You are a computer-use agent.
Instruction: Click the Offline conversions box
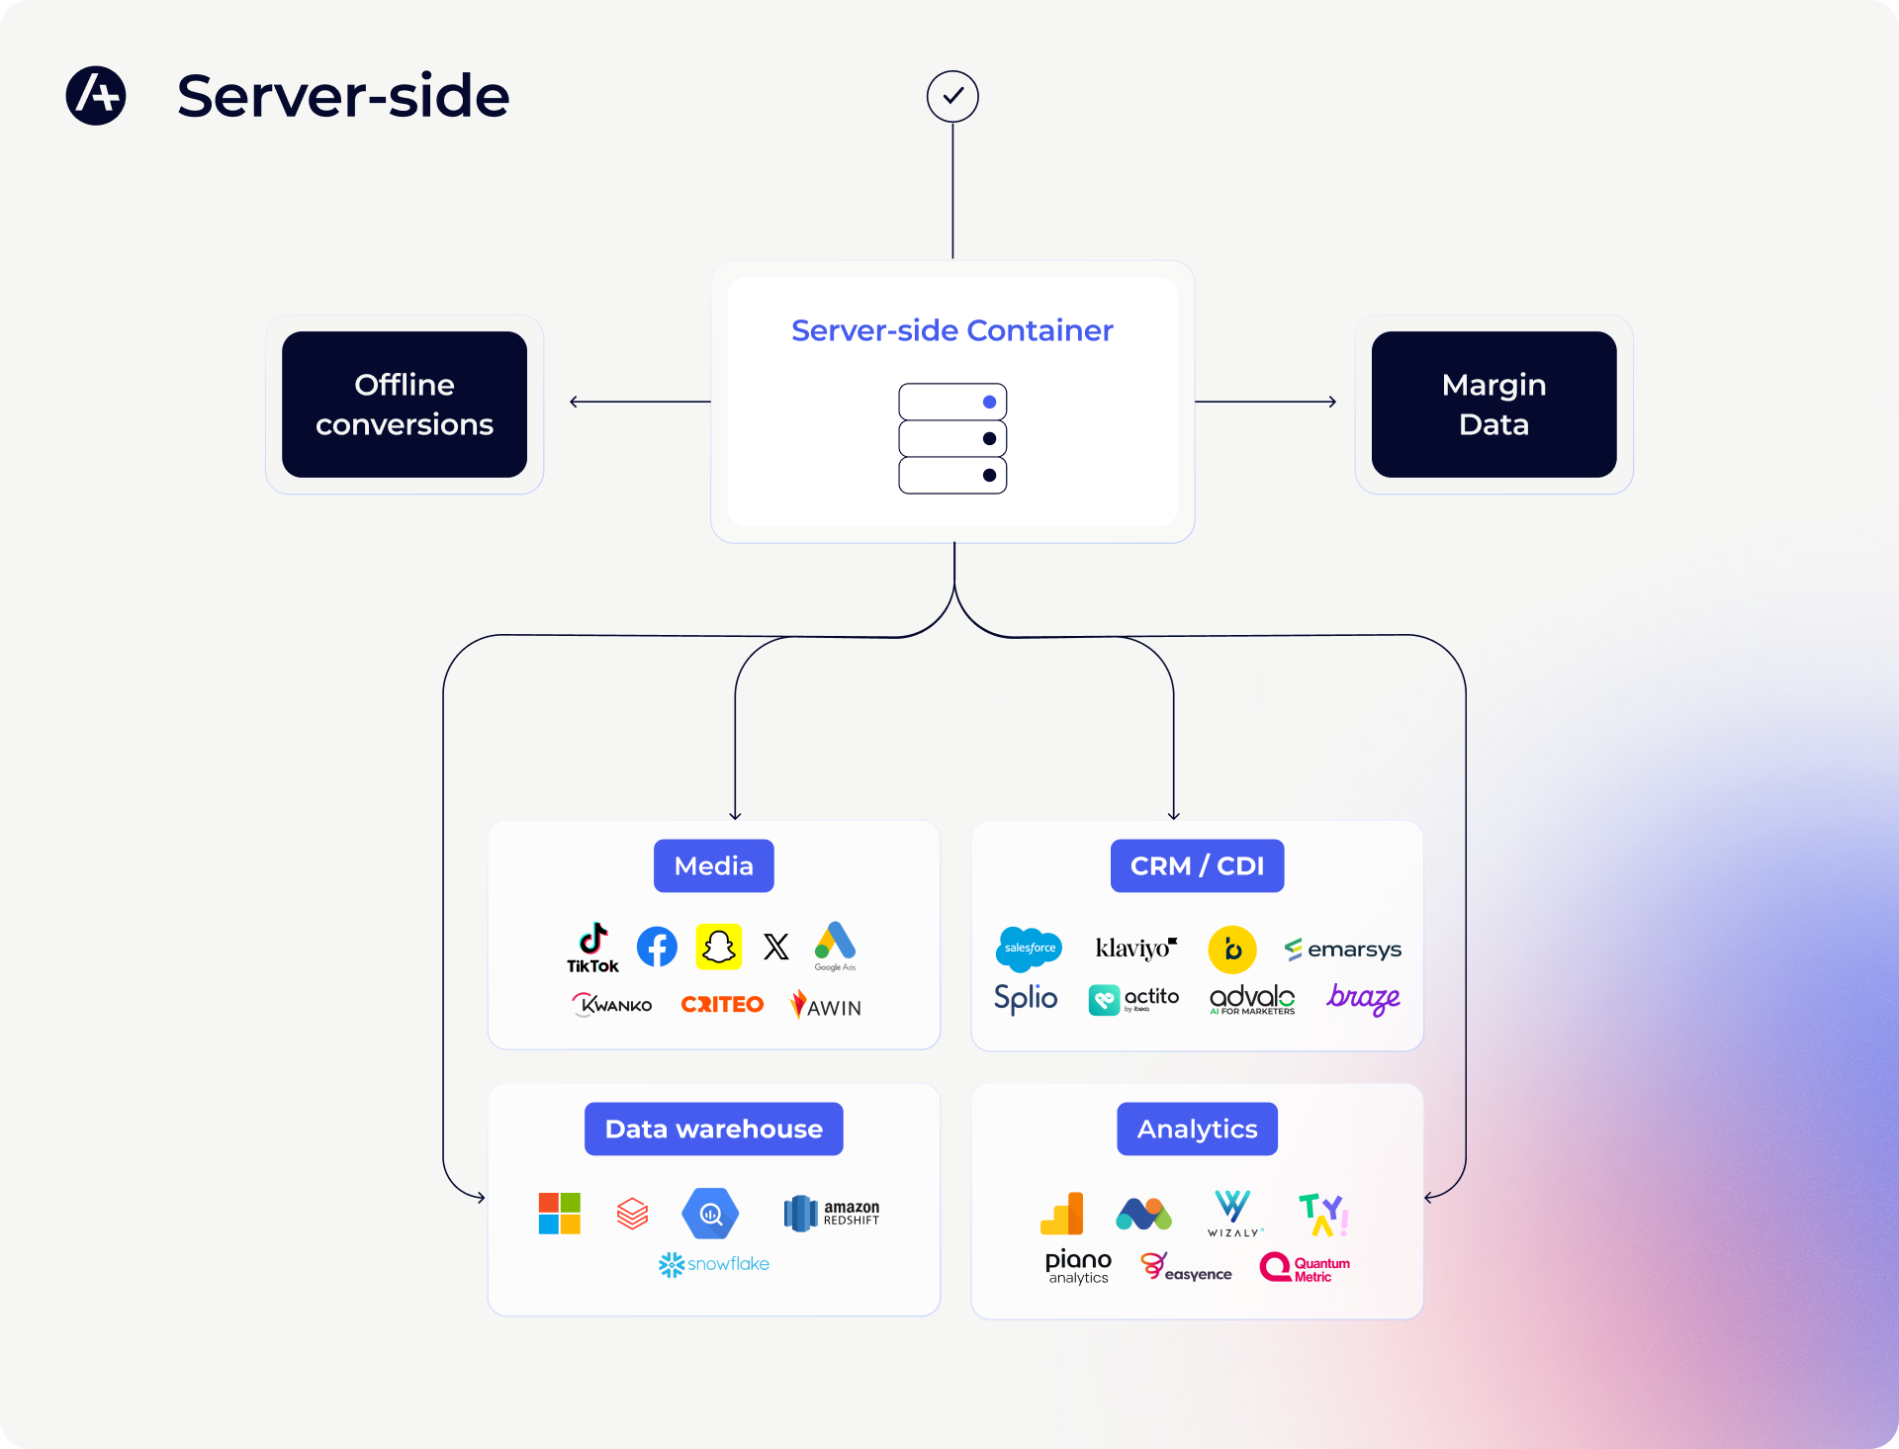tap(405, 405)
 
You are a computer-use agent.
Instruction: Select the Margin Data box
tap(1493, 405)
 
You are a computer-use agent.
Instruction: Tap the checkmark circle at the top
tap(952, 96)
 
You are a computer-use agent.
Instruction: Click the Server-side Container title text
tap(952, 330)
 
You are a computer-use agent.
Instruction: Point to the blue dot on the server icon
tap(989, 402)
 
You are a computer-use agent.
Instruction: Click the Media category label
tap(714, 865)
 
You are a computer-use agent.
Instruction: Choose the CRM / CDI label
tap(1197, 865)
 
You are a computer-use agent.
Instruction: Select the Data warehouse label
tap(714, 1129)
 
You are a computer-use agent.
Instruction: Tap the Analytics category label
tap(1197, 1129)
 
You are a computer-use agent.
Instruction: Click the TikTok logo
tap(592, 948)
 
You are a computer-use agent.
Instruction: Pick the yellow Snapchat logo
tap(719, 947)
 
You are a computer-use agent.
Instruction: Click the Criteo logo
tap(722, 1005)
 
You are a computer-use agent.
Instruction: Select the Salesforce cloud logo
tap(1029, 948)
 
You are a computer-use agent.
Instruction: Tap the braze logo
tap(1363, 999)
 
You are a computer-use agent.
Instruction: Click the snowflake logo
tap(714, 1264)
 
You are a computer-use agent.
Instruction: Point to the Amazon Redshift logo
tap(831, 1213)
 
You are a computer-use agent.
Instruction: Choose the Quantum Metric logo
tap(1305, 1268)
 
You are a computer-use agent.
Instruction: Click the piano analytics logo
tap(1078, 1267)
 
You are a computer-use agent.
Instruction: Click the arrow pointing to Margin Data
tap(1266, 402)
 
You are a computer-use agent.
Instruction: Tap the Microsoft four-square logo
tap(560, 1213)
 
